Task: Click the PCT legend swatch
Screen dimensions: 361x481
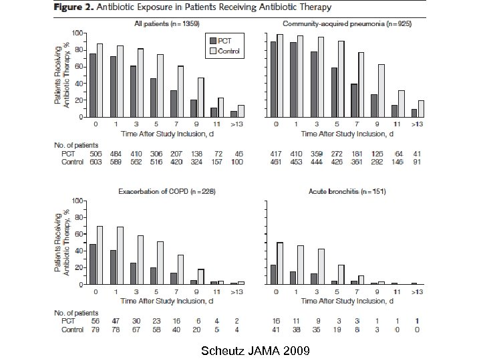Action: coord(213,40)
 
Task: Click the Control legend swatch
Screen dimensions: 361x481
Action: coord(213,50)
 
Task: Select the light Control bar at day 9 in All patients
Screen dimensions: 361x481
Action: coord(200,98)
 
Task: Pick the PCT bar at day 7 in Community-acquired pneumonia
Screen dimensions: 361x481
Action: coord(354,100)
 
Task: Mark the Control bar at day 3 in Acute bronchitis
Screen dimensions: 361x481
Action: coord(321,267)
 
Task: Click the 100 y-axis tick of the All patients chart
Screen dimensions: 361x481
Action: coord(78,33)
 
